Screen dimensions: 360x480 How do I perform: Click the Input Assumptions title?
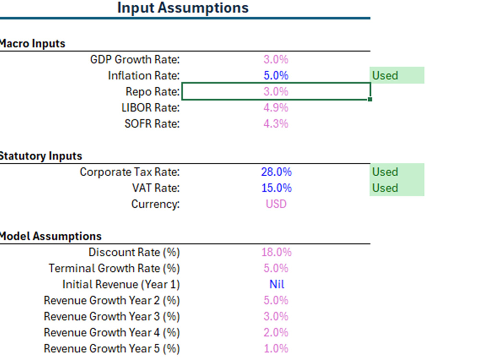point(183,8)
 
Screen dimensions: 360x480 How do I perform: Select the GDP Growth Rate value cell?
point(276,60)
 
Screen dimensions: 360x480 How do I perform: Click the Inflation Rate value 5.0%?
point(276,75)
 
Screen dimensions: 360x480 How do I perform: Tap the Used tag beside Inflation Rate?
point(385,75)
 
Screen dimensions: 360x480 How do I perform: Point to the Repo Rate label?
point(152,92)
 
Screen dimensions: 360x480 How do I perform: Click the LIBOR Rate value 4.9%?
point(276,108)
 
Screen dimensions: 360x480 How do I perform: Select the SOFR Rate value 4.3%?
point(276,124)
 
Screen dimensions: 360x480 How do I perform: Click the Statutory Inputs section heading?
point(41,156)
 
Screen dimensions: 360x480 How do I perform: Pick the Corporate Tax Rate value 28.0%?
point(276,172)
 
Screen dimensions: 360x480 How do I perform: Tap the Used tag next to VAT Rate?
point(385,188)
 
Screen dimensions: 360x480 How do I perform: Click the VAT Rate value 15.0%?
point(276,188)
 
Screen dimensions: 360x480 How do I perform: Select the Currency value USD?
point(276,204)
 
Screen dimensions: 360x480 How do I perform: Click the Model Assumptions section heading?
point(51,236)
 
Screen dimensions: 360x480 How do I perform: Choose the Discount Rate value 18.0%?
point(276,252)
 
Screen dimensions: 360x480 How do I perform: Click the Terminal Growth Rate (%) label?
point(114,268)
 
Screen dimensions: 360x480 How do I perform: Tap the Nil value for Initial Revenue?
point(276,284)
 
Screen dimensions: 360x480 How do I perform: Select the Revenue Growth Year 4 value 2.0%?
point(276,332)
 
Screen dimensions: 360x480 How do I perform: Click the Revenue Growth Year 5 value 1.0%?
point(276,348)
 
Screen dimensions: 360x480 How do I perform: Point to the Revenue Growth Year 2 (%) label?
point(111,300)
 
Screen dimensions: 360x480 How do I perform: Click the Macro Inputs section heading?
point(33,44)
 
